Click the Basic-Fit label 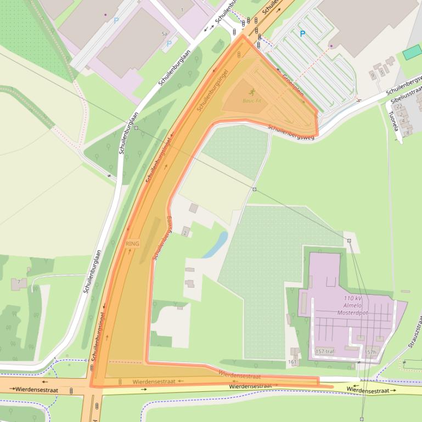(252, 101)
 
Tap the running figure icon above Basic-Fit (252, 92)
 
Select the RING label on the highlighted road (132, 243)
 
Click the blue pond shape (215, 244)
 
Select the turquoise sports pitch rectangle (412, 53)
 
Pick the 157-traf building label (325, 351)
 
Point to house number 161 (292, 362)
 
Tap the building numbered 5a (164, 34)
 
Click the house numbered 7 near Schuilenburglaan (19, 282)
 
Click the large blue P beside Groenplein (302, 34)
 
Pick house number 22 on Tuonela (399, 106)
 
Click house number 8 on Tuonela (408, 133)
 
